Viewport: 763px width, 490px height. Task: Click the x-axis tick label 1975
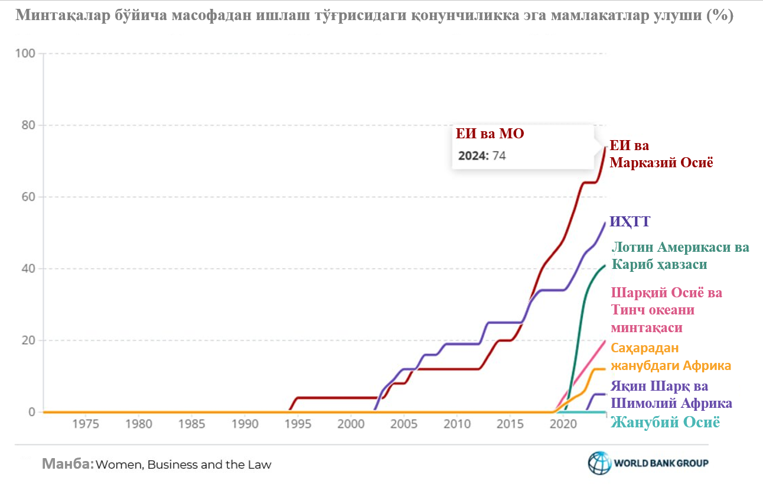85,424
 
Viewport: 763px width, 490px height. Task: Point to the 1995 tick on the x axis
298,424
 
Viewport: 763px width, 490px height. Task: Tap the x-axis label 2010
457,424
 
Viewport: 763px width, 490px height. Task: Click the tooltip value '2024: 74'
482,156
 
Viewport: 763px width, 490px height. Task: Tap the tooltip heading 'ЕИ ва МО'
490,134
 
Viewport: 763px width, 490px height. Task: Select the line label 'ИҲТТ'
630,222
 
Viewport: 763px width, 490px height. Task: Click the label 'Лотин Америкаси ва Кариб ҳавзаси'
679,255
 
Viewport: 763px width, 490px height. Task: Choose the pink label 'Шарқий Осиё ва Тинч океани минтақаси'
666,310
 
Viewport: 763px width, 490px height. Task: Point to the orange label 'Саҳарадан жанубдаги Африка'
671,356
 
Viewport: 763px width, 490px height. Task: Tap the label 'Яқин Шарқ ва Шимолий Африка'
671,395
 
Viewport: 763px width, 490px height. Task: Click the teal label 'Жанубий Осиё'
665,423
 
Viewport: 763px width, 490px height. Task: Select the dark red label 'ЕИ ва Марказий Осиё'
661,154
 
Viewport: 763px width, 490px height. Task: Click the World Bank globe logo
599,463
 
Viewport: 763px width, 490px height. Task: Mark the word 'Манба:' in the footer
67,464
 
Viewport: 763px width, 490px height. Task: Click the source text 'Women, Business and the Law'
184,465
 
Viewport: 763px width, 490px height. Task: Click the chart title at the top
374,16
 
